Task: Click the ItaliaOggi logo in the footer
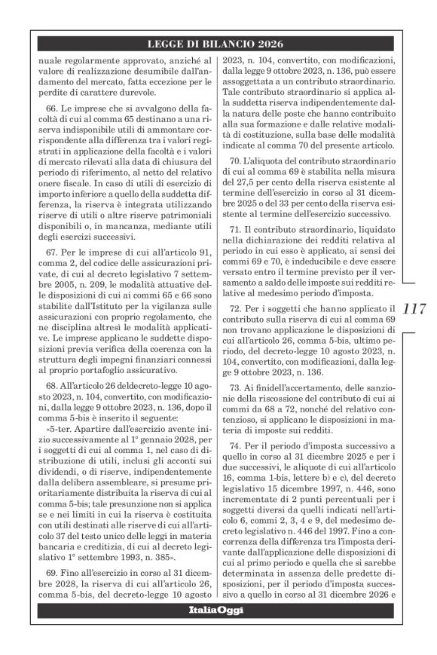[218, 609]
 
